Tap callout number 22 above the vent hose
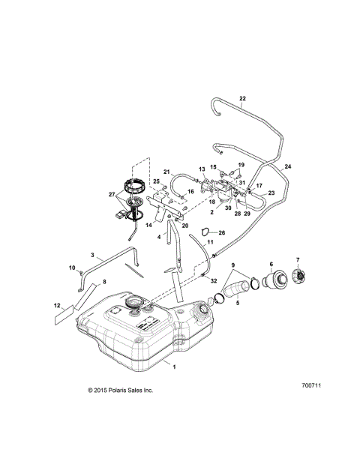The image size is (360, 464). tap(242, 98)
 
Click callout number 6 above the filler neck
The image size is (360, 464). tap(271, 264)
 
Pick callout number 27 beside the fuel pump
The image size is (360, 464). tap(112, 195)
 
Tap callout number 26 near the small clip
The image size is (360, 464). tap(221, 233)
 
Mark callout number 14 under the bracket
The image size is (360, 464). tap(150, 224)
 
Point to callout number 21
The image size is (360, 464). tap(168, 172)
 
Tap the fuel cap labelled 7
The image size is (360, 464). tap(299, 278)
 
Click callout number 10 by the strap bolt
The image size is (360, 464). tap(73, 267)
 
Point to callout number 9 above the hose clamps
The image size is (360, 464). tap(232, 266)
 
